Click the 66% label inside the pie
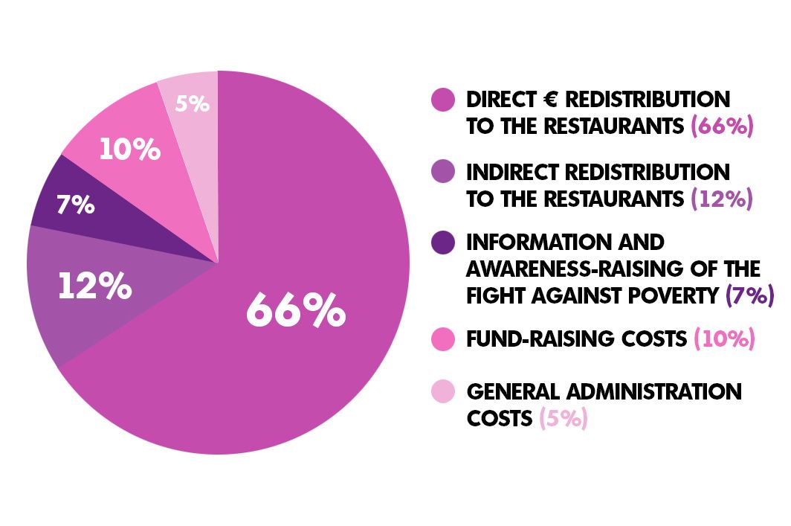coord(296,310)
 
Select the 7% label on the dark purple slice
coord(74,205)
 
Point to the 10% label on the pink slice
coord(129,150)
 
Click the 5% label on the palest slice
coord(192,103)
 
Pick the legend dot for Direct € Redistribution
coord(443,100)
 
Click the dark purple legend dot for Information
coord(443,243)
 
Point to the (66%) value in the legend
coord(722,126)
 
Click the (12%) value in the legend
coord(722,199)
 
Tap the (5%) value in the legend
coord(564,418)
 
